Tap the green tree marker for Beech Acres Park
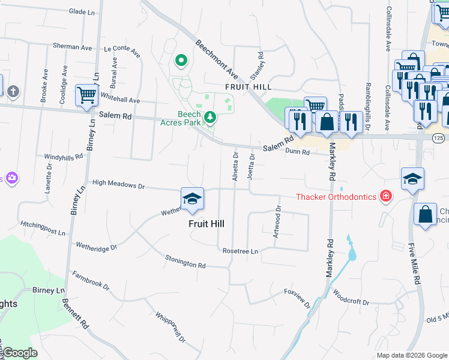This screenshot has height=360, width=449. coord(210,116)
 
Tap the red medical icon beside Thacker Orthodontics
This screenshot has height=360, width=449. coord(386,196)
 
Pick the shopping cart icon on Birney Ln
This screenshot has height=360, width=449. coord(86,95)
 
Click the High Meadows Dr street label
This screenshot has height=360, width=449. coord(118,185)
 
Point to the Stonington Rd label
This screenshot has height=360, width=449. coord(185,261)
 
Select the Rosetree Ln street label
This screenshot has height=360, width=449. coord(240,251)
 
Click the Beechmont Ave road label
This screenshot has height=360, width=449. coord(216,58)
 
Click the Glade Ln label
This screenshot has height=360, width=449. coord(83,11)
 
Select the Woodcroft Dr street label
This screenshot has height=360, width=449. coord(351,298)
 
